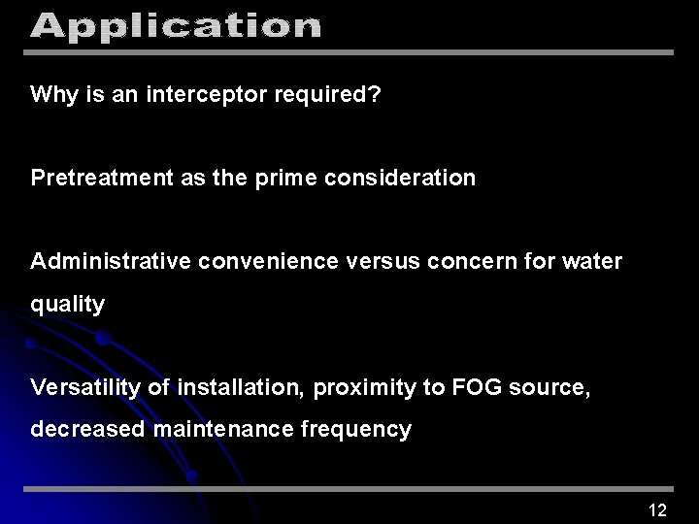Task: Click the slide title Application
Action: (x=175, y=26)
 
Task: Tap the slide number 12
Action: (x=657, y=510)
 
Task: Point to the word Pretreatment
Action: (x=95, y=179)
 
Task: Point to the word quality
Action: (x=68, y=305)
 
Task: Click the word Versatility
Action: (x=86, y=388)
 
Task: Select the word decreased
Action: (x=88, y=430)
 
